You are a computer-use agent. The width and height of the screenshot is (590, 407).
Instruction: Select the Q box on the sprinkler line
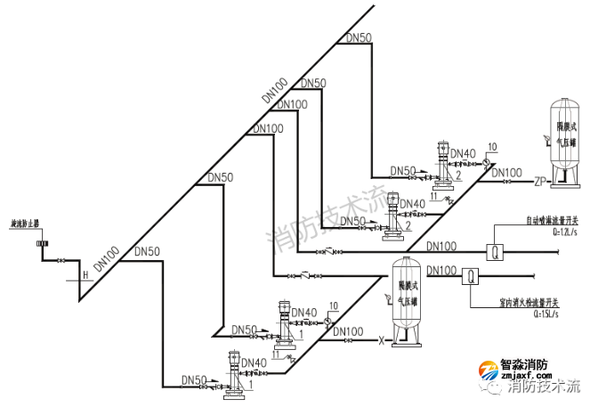(x=497, y=251)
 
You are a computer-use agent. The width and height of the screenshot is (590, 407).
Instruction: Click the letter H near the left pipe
(x=86, y=274)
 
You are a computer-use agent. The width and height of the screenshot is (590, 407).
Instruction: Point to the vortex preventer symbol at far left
(x=41, y=242)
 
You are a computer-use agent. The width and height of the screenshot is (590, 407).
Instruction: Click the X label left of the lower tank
(x=382, y=340)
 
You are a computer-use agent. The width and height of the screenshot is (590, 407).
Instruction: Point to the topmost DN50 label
(x=359, y=37)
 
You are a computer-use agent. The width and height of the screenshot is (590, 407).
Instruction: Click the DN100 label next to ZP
(x=506, y=172)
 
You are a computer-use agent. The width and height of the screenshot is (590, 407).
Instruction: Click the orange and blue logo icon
(x=489, y=370)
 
